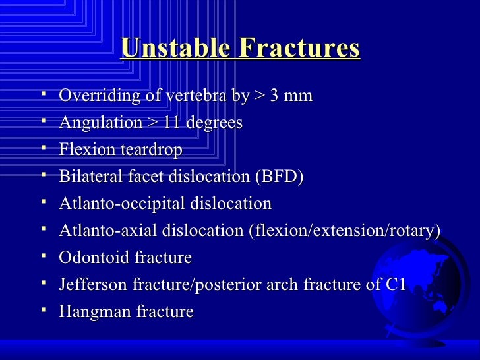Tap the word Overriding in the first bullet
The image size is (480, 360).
click(x=100, y=96)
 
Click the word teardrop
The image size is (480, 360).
click(x=149, y=150)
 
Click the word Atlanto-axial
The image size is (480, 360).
click(x=108, y=231)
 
